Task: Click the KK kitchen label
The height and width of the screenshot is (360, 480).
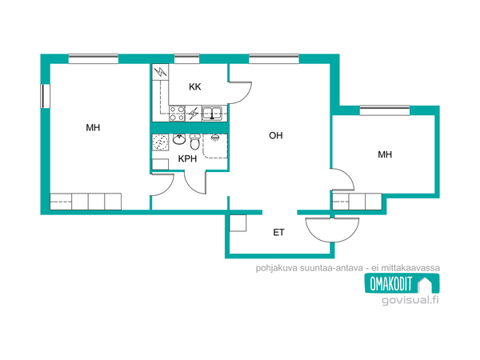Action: pos(195,87)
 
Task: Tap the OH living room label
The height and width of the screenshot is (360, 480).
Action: pos(276,136)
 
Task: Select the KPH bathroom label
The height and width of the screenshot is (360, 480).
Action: pos(187,159)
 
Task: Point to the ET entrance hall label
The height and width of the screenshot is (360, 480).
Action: pos(278,233)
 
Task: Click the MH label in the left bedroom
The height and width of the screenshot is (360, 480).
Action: pos(93,128)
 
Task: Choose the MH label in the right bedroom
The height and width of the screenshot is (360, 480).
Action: pos(385,154)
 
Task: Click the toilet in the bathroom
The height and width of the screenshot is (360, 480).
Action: pos(194,141)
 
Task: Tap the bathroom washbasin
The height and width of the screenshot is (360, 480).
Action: pos(178,139)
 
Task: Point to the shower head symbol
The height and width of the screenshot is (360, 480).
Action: pos(215,137)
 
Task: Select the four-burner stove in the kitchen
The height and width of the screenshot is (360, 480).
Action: pos(178,114)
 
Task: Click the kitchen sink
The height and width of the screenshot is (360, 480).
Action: pos(212,113)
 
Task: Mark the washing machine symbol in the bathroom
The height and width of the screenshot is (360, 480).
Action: pos(161,142)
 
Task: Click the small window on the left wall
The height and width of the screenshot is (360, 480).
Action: pos(46,96)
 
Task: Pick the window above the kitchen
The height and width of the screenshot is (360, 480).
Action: pos(186,59)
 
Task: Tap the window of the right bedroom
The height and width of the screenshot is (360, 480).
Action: pos(385,110)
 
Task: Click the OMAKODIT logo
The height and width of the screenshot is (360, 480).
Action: pos(402,283)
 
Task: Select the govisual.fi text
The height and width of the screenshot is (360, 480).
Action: pos(410,300)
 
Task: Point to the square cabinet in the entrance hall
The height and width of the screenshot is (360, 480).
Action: pos(238,223)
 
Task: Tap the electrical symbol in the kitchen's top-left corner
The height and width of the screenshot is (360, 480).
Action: pos(161,72)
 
